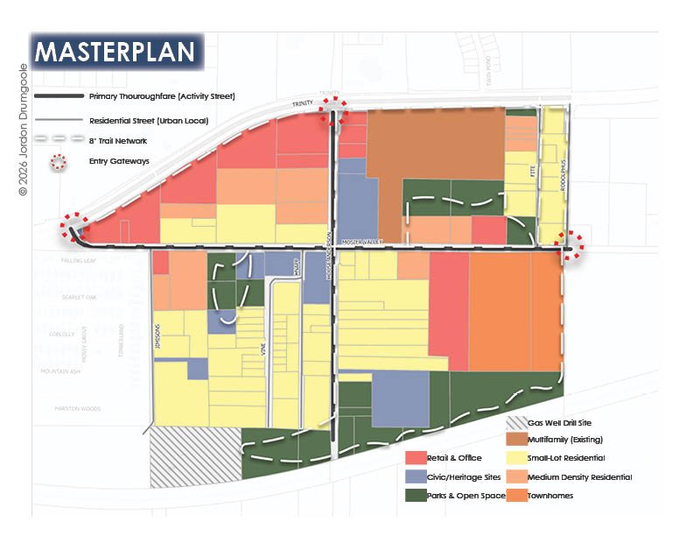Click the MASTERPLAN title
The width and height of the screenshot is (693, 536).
[115, 51]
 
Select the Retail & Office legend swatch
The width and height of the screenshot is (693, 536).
[416, 458]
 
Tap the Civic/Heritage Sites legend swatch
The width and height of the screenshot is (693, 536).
[416, 477]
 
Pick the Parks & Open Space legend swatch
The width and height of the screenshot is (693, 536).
[416, 497]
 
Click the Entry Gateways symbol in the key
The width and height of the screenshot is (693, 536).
[59, 161]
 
